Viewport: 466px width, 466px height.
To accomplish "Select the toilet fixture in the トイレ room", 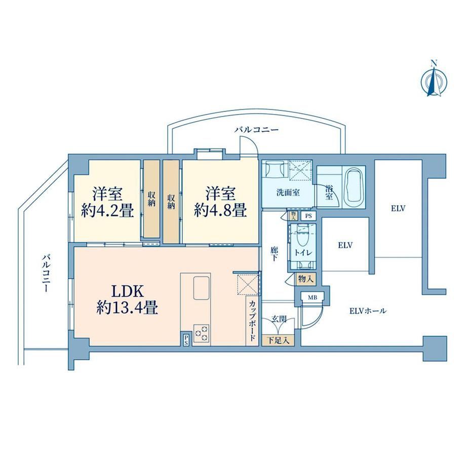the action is click(303, 238).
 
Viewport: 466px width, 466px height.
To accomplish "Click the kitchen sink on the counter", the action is click(202, 288).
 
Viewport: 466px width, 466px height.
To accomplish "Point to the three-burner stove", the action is click(202, 333).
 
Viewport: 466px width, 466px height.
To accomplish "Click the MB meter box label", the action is click(312, 297).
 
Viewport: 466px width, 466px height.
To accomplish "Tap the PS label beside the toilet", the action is click(308, 216).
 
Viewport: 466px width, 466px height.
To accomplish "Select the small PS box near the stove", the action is click(186, 339).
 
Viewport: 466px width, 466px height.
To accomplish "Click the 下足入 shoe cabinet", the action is click(278, 340).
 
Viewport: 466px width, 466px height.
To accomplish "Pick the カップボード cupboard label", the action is click(252, 321).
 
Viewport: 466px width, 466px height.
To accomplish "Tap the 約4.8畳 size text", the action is click(220, 211).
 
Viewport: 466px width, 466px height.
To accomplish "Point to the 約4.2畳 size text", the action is click(107, 211).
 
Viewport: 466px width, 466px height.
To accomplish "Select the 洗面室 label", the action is click(288, 192).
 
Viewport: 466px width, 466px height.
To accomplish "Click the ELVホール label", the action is click(368, 311).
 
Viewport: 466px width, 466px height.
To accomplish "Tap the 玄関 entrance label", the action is click(279, 320).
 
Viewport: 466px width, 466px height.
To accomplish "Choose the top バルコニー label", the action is click(256, 130).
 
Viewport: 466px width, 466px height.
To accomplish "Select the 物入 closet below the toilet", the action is click(305, 279).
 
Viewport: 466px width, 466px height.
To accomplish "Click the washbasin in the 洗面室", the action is click(275, 169).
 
